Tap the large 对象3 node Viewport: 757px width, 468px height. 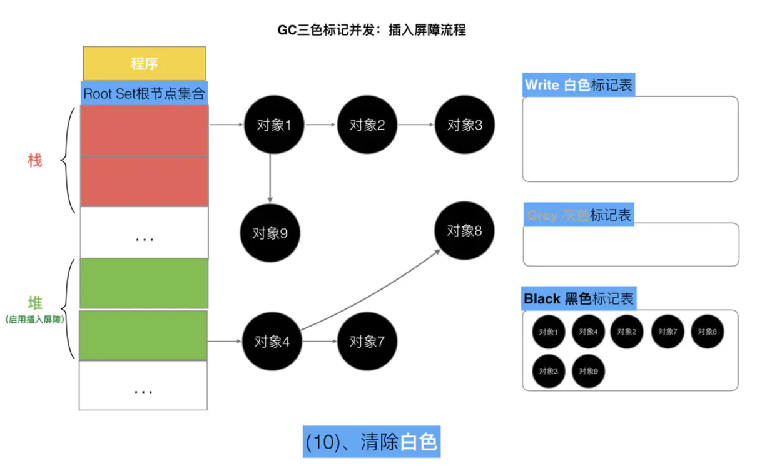465,125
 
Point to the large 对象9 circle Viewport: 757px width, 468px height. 270,233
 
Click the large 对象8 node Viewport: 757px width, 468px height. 465,230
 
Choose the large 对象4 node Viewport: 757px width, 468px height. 272,341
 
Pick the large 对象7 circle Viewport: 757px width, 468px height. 367,341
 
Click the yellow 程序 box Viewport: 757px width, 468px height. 145,63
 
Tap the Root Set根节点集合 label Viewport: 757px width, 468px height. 145,94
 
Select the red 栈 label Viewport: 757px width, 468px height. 35,160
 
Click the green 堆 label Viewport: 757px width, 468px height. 35,303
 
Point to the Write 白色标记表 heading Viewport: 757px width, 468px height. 578,85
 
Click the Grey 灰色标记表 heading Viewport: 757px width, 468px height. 579,215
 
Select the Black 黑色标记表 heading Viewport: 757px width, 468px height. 579,298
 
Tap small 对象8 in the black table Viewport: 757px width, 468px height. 707,332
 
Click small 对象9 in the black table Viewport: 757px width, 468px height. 588,370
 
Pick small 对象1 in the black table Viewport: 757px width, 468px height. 548,332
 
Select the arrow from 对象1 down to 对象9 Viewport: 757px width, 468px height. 270,178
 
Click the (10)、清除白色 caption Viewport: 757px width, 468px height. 372,442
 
